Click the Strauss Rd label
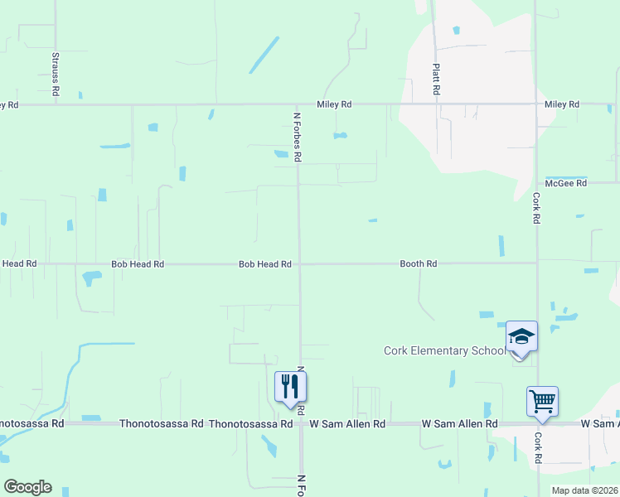click(56, 75)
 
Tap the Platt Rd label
click(435, 80)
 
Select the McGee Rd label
click(565, 183)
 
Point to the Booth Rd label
click(418, 264)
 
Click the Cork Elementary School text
click(443, 351)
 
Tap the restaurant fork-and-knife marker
click(290, 387)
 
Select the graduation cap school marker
click(521, 337)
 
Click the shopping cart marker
click(542, 402)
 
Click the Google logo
click(27, 487)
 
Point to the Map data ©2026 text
click(584, 490)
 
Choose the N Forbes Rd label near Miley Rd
click(297, 137)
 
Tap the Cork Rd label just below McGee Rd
click(537, 209)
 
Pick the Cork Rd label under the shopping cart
click(538, 447)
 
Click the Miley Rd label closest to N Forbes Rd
click(334, 105)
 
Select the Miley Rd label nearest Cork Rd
click(561, 105)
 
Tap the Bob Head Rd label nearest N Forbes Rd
click(264, 264)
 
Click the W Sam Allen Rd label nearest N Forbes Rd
click(347, 424)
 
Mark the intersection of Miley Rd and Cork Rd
click(535, 104)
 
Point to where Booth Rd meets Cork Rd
click(537, 263)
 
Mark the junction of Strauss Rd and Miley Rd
click(56, 105)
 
